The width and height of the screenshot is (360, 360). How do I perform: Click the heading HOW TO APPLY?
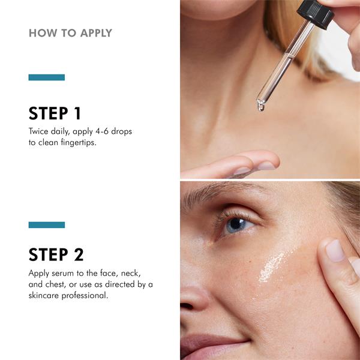70,33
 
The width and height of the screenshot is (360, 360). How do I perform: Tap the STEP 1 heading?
55,113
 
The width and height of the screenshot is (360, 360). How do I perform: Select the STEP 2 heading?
56,254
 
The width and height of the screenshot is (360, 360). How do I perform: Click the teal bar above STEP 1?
47,77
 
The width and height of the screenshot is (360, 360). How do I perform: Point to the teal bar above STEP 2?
47,225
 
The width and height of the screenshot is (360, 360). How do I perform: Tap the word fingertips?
79,143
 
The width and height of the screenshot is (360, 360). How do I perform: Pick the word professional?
85,295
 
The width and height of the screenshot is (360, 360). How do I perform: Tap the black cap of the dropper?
315,14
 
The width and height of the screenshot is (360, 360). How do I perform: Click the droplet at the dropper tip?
261,107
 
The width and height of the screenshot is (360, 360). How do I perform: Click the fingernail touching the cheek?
335,251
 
